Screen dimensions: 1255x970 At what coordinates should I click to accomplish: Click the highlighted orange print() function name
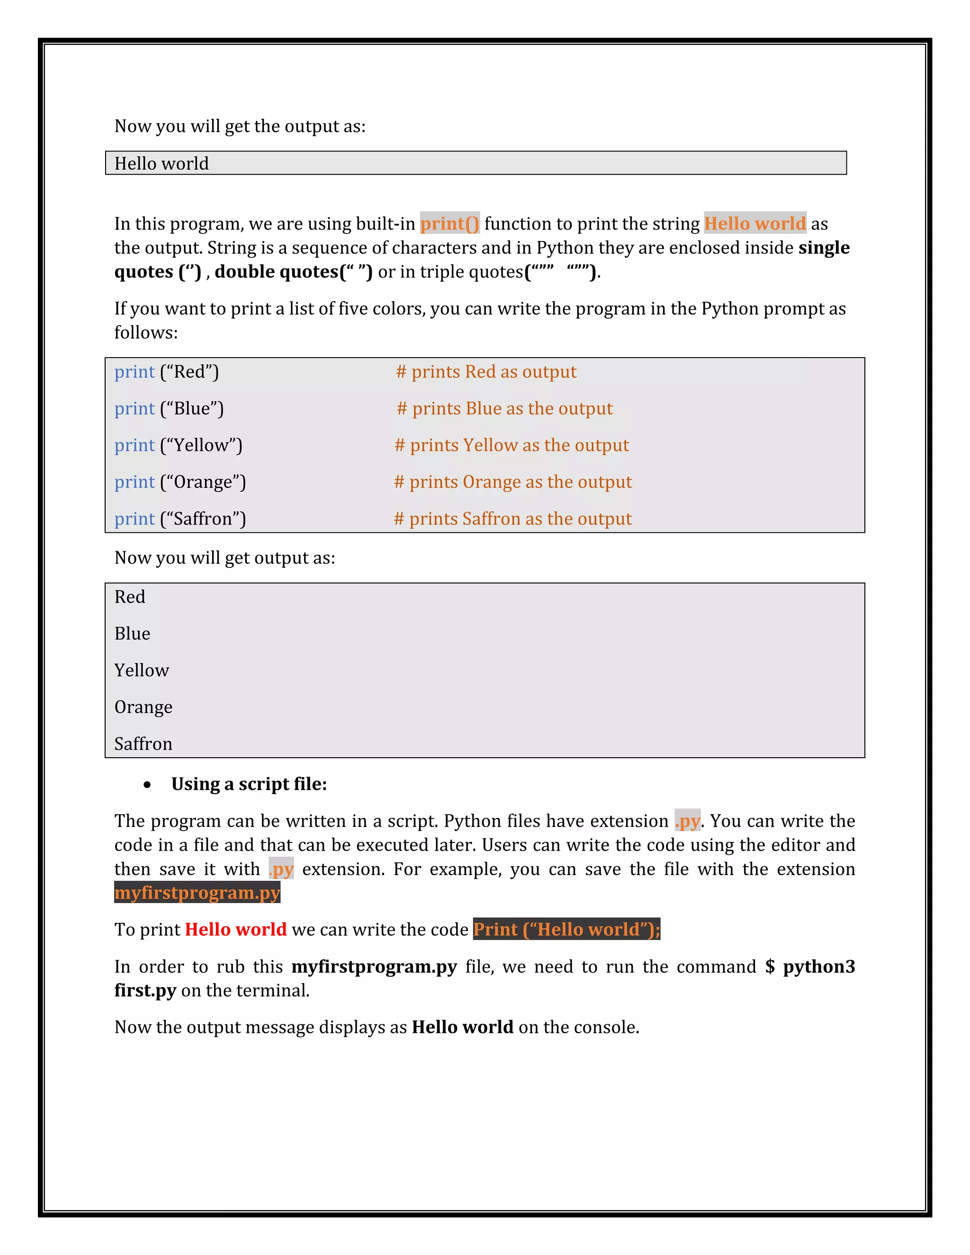click(x=449, y=224)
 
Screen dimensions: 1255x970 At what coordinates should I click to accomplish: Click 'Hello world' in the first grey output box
click(x=162, y=164)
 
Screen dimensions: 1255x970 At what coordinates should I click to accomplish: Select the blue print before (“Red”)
click(x=135, y=372)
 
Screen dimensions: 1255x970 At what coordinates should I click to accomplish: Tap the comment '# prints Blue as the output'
click(x=504, y=409)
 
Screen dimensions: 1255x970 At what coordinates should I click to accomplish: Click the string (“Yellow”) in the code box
click(x=202, y=445)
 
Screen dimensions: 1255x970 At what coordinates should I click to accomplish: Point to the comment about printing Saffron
click(x=512, y=519)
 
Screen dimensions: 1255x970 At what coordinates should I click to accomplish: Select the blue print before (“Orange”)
click(x=135, y=482)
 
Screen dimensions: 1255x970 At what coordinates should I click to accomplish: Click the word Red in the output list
click(x=130, y=597)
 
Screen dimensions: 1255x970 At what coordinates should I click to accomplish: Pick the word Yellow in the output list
click(x=141, y=671)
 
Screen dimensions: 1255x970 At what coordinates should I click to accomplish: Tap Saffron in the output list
click(x=143, y=744)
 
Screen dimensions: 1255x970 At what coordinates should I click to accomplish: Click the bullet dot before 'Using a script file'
click(x=148, y=785)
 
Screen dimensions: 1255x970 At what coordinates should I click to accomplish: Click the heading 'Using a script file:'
click(x=249, y=784)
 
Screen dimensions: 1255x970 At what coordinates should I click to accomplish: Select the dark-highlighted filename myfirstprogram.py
click(x=197, y=893)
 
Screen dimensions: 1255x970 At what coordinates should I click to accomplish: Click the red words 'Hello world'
click(x=235, y=930)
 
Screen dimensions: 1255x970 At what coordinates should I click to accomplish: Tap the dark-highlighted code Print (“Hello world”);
click(x=566, y=930)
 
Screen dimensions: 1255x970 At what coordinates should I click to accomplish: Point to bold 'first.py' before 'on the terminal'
click(x=145, y=991)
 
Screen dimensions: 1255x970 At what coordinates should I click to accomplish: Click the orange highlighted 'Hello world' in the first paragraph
click(x=754, y=224)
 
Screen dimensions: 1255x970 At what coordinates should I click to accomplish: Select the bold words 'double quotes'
click(x=276, y=272)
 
